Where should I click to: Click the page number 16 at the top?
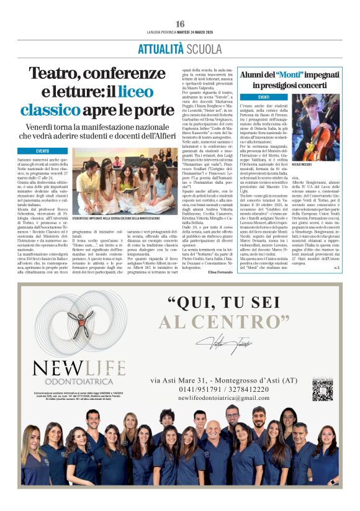[x=180, y=24]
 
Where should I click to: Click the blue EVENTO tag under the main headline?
[x=42, y=151]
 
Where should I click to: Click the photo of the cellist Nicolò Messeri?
[x=315, y=127]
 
